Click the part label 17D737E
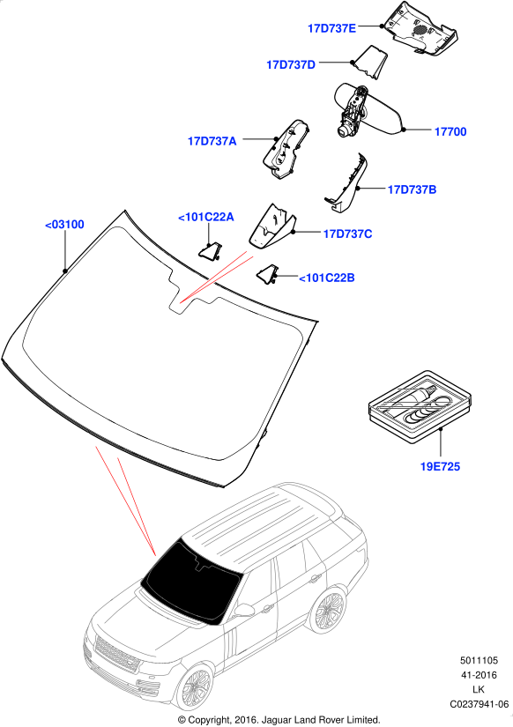point(331,28)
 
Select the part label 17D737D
point(291,64)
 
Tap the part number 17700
point(450,131)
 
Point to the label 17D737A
point(212,141)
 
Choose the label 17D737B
point(412,189)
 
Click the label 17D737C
point(347,234)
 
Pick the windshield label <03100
point(64,225)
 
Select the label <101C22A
point(206,217)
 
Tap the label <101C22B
point(326,278)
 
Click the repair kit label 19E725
point(440,466)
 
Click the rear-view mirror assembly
point(368,109)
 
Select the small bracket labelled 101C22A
point(210,250)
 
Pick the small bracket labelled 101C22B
point(267,273)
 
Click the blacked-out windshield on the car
point(190,581)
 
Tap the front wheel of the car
point(196,686)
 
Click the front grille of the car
point(116,654)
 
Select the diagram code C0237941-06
point(480,704)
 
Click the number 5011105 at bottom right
point(480,660)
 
